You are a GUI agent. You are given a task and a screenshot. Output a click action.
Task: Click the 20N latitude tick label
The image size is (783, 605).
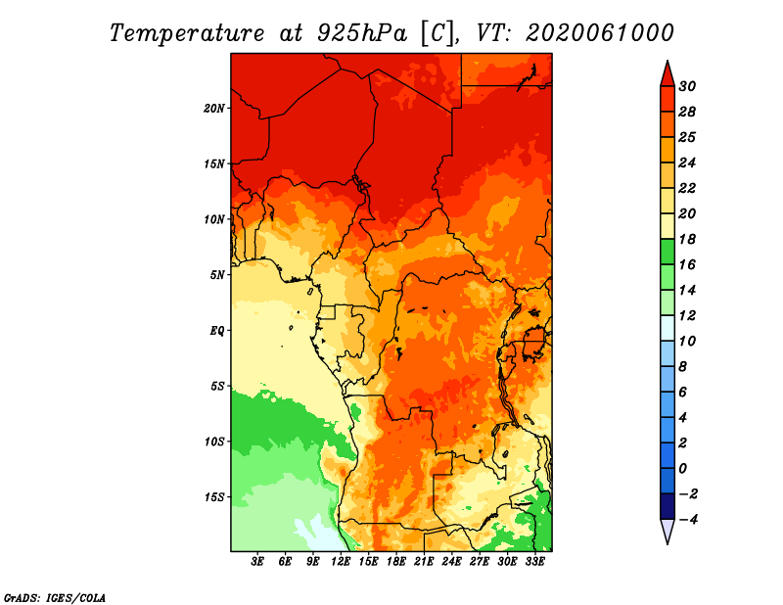click(x=214, y=109)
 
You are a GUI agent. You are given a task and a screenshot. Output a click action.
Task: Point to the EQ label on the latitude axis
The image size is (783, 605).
click(x=216, y=331)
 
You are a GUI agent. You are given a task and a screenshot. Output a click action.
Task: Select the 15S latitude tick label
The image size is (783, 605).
click(x=214, y=497)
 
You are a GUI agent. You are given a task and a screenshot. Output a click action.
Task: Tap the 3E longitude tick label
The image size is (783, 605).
click(x=257, y=561)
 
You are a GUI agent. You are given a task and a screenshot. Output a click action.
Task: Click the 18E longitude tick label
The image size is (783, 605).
click(x=396, y=561)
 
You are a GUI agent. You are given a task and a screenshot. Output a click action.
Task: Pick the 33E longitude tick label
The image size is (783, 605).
click(x=534, y=561)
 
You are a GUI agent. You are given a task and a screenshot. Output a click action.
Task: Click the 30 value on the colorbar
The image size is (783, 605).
click(x=687, y=86)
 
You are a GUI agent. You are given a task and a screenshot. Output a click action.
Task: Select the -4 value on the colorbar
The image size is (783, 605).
click(x=688, y=520)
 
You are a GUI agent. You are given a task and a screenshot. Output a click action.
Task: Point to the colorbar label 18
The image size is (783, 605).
click(x=687, y=239)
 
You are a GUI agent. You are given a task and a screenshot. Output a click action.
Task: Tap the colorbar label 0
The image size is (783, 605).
click(x=683, y=469)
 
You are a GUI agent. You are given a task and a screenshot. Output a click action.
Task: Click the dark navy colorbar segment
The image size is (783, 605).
click(x=668, y=506)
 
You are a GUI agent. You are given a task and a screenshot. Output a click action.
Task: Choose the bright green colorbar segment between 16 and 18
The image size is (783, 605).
click(x=668, y=252)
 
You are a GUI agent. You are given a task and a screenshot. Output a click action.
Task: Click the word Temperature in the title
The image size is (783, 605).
click(x=187, y=34)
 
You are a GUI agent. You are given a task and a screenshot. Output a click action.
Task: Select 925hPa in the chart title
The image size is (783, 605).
click(x=362, y=33)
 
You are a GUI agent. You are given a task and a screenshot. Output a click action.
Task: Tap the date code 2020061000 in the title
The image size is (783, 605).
click(x=600, y=33)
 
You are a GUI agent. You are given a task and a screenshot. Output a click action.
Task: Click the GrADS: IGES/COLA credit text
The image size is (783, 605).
click(x=55, y=598)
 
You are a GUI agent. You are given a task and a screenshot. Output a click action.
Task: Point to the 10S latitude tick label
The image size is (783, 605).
click(x=214, y=442)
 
